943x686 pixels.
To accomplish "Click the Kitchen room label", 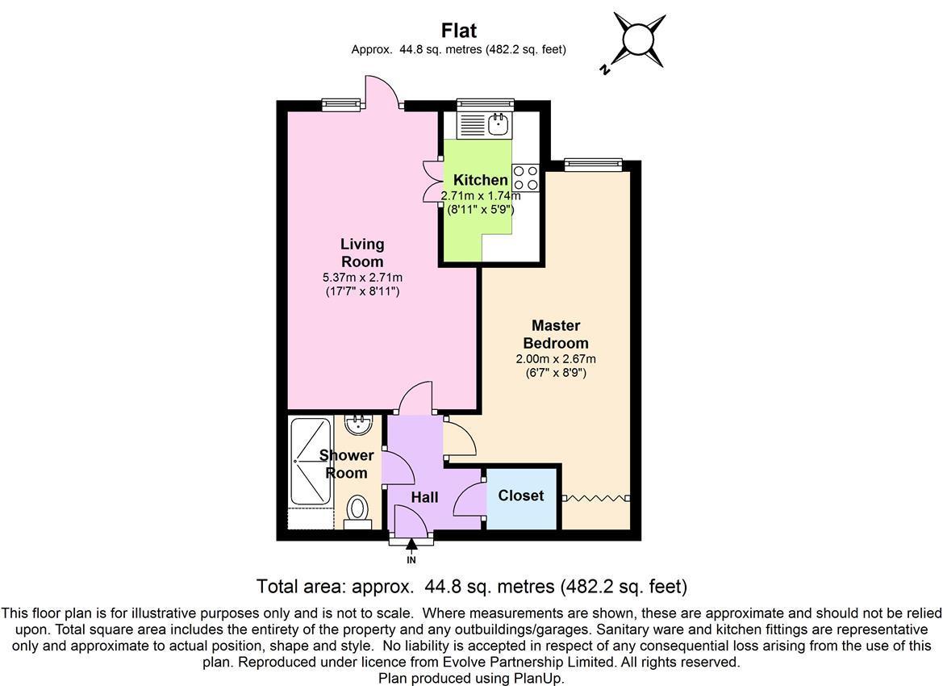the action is [x=481, y=180].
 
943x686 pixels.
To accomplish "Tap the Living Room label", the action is [x=362, y=253].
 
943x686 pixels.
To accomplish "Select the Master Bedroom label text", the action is [x=556, y=335].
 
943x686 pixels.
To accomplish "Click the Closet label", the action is [x=521, y=496].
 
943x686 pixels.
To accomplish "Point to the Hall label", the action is [x=424, y=498].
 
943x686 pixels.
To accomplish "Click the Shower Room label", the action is [x=346, y=464].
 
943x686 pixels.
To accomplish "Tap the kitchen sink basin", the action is [x=499, y=126].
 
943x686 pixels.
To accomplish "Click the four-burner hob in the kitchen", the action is [x=526, y=178].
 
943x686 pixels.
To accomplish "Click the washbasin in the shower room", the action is [x=360, y=425].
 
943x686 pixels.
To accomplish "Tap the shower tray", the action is [x=311, y=462].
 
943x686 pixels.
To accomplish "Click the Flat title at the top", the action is [x=459, y=30].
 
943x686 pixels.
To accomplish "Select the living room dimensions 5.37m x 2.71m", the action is [x=362, y=278].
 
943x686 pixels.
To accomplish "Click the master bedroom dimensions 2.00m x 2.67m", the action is [x=556, y=359].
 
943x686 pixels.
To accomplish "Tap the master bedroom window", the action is [x=593, y=165].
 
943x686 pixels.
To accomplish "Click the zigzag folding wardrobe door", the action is [x=595, y=498].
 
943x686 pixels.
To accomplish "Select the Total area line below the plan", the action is [x=471, y=586].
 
